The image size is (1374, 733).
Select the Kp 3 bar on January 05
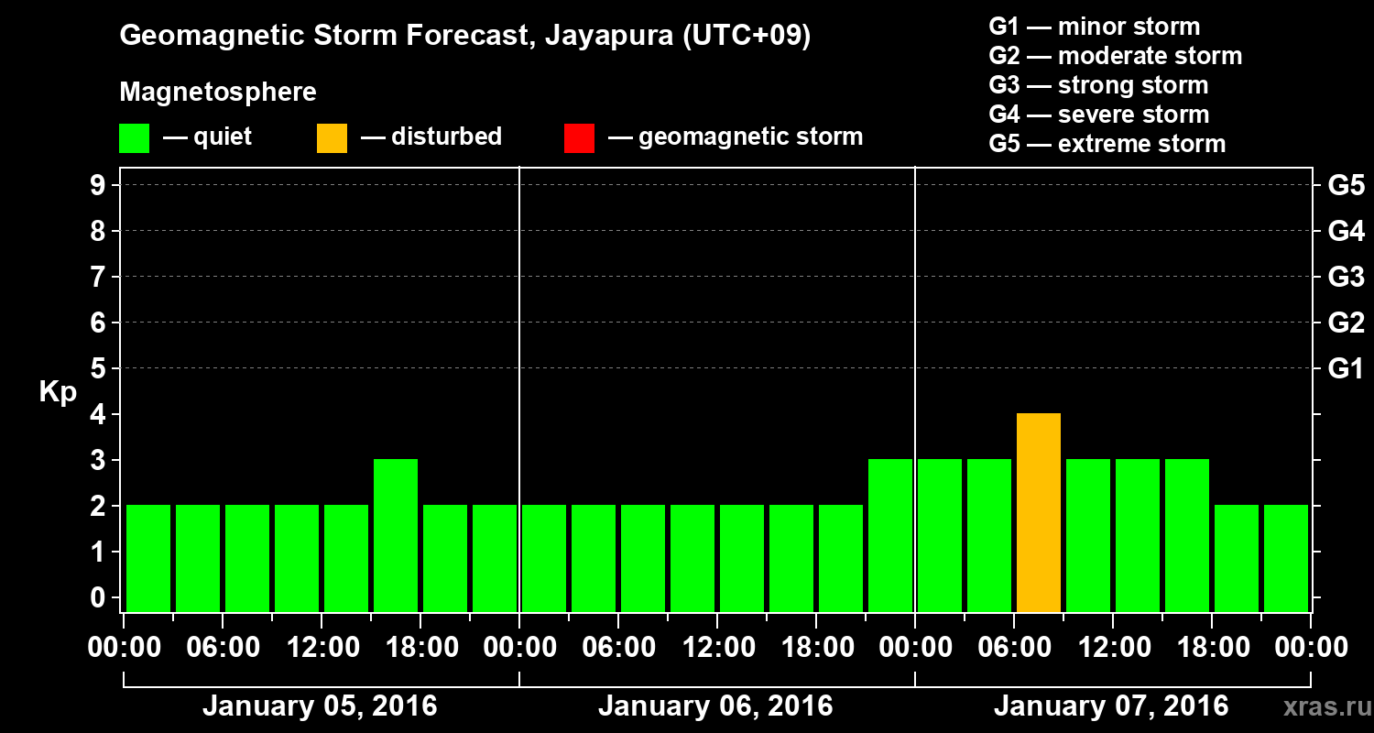[x=396, y=535]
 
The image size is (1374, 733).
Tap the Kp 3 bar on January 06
[x=890, y=535]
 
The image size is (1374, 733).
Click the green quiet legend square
[x=134, y=137]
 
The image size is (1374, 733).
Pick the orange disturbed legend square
[x=332, y=137]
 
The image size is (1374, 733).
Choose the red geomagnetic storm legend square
[x=579, y=137]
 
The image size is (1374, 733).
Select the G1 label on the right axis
[x=1346, y=368]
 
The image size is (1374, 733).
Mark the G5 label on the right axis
[x=1346, y=185]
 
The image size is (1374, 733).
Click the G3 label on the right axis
[x=1346, y=277]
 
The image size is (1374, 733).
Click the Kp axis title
[x=57, y=392]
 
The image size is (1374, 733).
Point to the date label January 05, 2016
[x=320, y=706]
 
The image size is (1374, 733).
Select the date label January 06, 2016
[x=715, y=706]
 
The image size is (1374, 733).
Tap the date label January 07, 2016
[x=1111, y=706]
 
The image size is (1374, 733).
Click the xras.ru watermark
[x=1320, y=706]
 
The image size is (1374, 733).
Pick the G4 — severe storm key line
[x=1098, y=115]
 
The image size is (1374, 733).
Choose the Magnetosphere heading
[x=218, y=93]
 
